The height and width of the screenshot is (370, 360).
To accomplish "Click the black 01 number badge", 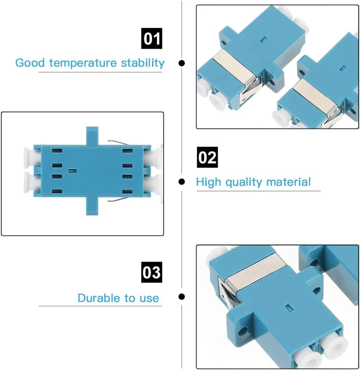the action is coord(152,38).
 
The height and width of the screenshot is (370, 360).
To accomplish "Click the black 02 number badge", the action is coord(207,157).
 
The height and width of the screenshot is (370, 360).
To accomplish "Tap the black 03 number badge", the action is coord(152,272).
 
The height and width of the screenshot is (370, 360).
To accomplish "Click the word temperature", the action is coord(83,63).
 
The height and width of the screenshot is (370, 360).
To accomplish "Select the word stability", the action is coord(143,63).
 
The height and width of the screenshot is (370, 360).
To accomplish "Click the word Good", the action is coord(30,63).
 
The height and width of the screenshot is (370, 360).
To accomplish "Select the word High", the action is coord(208,182).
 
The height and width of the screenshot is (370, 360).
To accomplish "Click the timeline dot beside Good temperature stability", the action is coord(182,63).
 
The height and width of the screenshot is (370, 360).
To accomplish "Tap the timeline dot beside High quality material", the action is coord(182,181).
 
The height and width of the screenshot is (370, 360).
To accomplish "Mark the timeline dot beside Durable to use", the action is coord(182,296).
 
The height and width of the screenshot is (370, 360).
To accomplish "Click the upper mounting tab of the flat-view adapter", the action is coord(92,136).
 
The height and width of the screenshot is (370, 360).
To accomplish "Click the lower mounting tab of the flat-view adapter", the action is coord(92,206).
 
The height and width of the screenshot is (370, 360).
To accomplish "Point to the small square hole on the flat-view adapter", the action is coord(73,171).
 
